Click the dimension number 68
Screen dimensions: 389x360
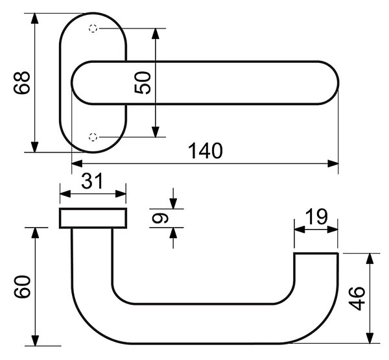coord(22,83)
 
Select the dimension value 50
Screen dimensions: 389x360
coord(143,82)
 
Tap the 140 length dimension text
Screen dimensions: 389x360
coord(206,150)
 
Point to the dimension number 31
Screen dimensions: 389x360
coord(92,181)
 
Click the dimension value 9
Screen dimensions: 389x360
coord(160,219)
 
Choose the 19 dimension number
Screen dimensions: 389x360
coord(316,217)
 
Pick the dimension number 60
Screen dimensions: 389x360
coord(22,286)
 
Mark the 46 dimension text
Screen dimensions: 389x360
coord(357,298)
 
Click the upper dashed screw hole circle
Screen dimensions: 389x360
coord(93,29)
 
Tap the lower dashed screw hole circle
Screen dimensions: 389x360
coord(93,137)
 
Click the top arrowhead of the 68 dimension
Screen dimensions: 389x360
coord(35,19)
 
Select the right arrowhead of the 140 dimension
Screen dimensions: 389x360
coord(333,164)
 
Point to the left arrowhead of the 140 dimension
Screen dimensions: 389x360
coord(77,164)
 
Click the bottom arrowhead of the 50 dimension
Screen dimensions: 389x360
coord(156,132)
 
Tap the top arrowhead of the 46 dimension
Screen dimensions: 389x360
coord(370,259)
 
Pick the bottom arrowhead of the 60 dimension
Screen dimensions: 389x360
coord(36,340)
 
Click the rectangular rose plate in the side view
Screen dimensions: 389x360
coord(93,218)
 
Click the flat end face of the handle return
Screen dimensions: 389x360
coord(316,253)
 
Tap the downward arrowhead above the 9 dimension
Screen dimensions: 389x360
coord(173,204)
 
